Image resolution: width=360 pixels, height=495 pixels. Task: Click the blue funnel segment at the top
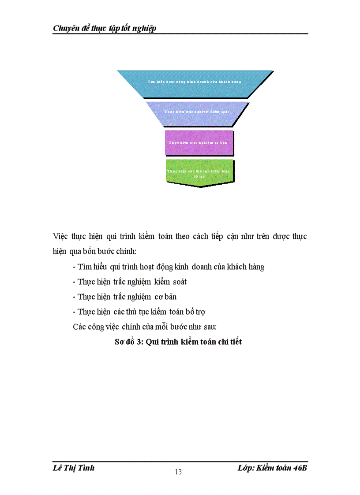pos(195,82)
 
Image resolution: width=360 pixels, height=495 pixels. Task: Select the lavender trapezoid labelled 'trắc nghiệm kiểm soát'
pos(197,112)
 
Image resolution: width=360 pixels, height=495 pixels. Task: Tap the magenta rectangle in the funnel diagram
pos(199,142)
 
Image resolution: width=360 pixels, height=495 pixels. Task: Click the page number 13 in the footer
pos(178,473)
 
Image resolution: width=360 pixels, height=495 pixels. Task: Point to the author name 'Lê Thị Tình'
pos(73,468)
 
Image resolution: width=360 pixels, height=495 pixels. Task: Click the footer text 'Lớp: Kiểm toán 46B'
pos(272,468)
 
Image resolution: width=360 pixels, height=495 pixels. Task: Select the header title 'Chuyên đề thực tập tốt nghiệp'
pos(105,29)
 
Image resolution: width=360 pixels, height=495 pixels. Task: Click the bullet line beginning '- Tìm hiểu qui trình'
pos(168,267)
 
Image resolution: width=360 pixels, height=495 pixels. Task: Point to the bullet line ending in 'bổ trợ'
pos(139,312)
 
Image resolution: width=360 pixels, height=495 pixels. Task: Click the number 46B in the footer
pos(300,468)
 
